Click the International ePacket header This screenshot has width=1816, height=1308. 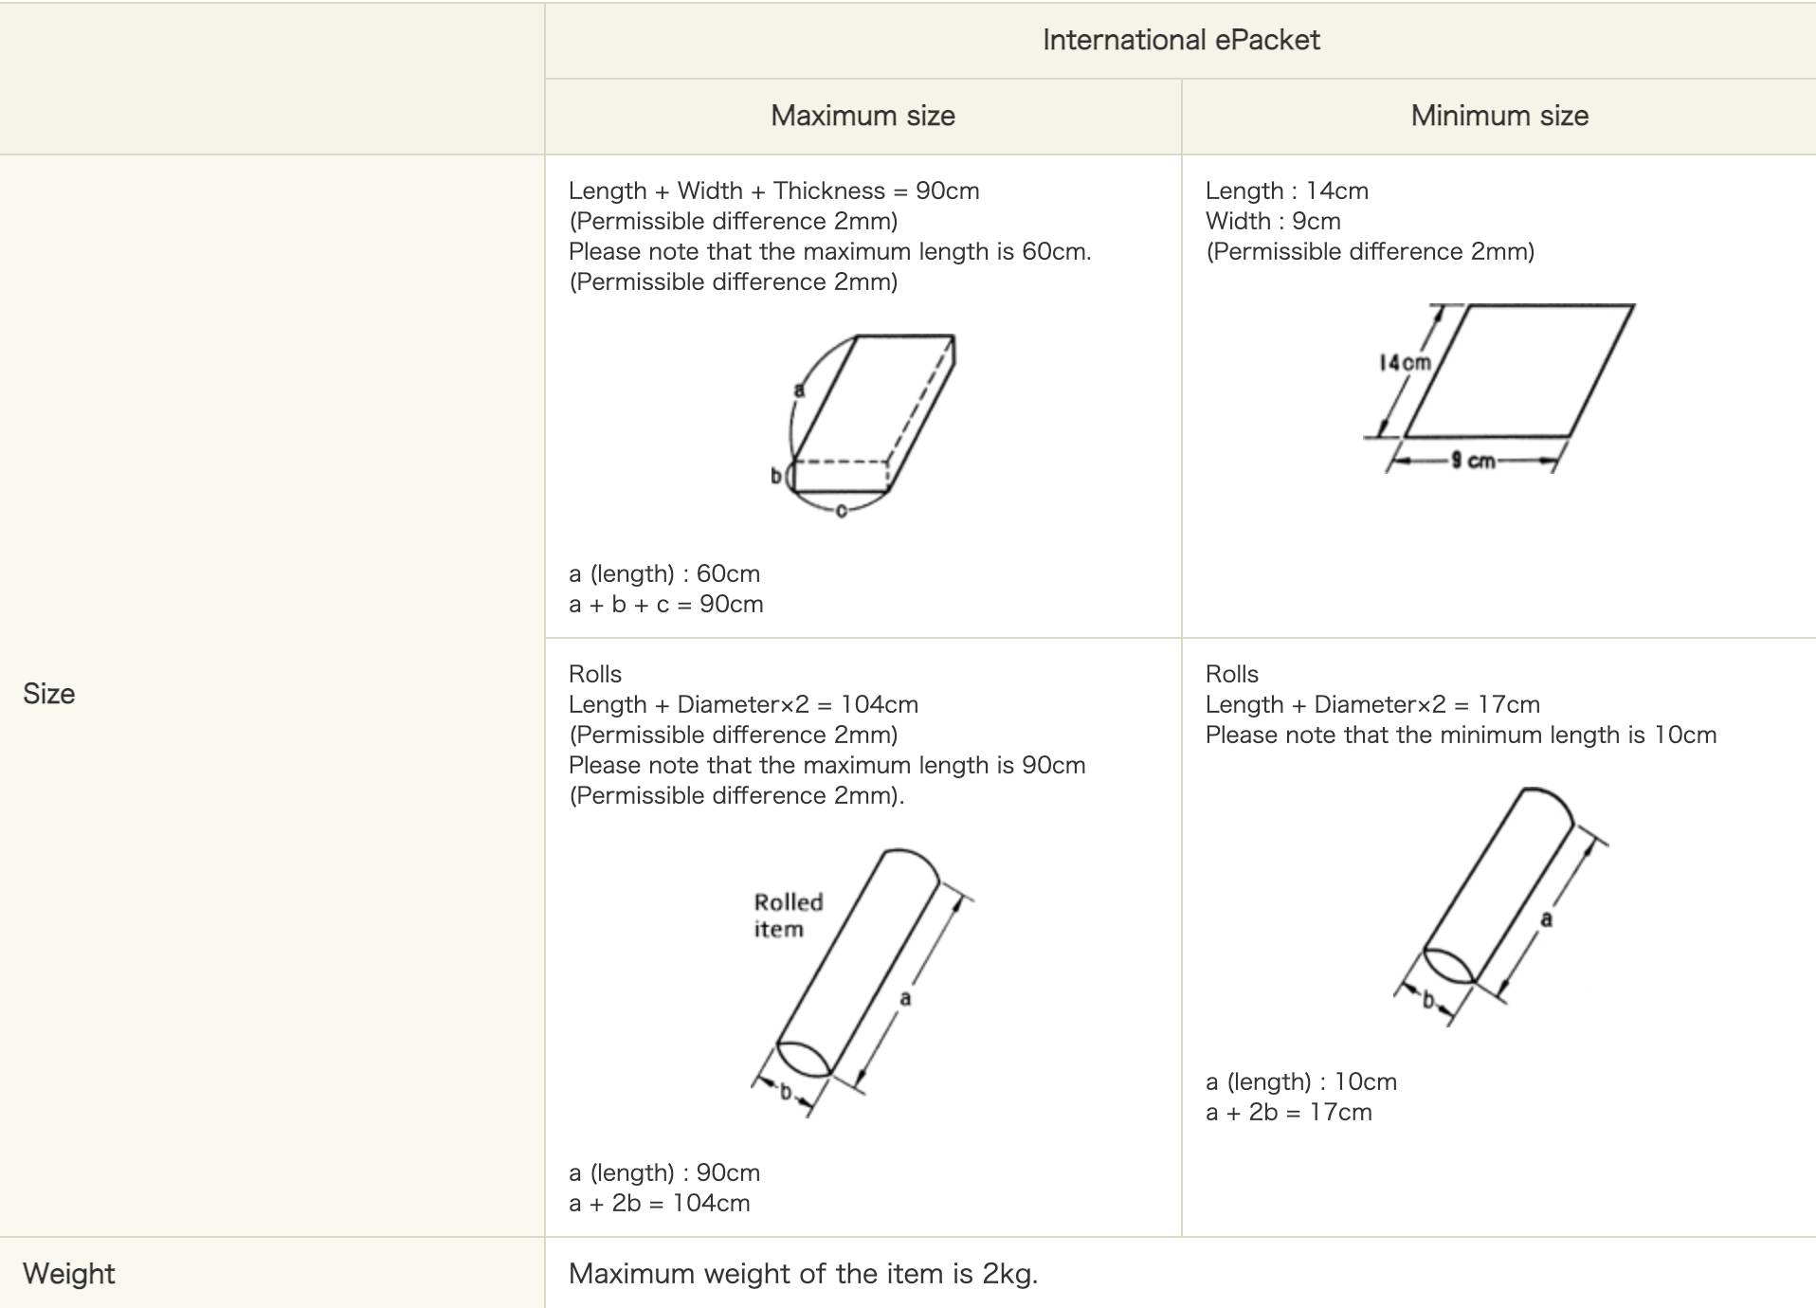pyautogui.click(x=1181, y=40)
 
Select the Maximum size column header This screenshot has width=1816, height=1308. pyautogui.click(x=863, y=116)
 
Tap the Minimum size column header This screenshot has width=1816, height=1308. pyautogui.click(x=1499, y=116)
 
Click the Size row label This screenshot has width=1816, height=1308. pyautogui.click(x=49, y=694)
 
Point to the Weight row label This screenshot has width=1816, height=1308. pyautogui.click(x=69, y=1274)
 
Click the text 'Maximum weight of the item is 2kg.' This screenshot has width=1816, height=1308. pyautogui.click(x=804, y=1274)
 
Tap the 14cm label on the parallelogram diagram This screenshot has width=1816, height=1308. pyautogui.click(x=1405, y=363)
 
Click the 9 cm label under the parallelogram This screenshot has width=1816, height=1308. pyautogui.click(x=1473, y=461)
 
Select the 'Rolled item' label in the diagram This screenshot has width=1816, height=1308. pyautogui.click(x=789, y=916)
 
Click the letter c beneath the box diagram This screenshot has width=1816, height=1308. pyautogui.click(x=841, y=512)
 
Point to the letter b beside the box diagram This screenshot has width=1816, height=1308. pyautogui.click(x=776, y=476)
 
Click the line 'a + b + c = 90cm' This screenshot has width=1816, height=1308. pyautogui.click(x=666, y=605)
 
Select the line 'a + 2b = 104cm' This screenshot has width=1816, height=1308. pyautogui.click(x=660, y=1204)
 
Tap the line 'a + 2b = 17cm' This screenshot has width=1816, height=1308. pyautogui.click(x=1289, y=1113)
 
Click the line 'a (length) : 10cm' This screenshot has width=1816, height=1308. pyautogui.click(x=1301, y=1082)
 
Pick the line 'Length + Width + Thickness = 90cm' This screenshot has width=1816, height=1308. pyautogui.click(x=774, y=191)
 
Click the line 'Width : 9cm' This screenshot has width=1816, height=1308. pyautogui.click(x=1273, y=222)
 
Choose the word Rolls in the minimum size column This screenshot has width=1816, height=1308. pyautogui.click(x=1232, y=675)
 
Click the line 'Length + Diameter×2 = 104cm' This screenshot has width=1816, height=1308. pyautogui.click(x=744, y=705)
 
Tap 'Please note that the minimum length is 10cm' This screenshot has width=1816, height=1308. pyautogui.click(x=1462, y=736)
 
